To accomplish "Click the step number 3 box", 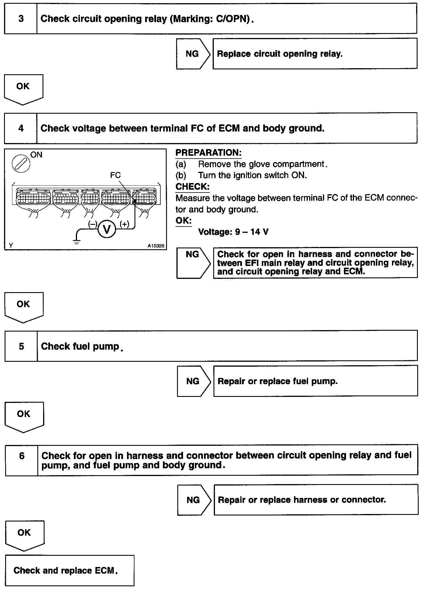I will click(x=21, y=19).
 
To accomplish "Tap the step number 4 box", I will click(x=21, y=128).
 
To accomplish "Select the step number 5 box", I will click(x=21, y=346).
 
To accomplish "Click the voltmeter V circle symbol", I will click(x=107, y=229).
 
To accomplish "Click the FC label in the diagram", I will click(x=115, y=175).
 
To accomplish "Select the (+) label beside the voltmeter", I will click(x=124, y=224).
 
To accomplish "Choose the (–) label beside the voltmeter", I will click(x=93, y=224).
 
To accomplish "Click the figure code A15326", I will click(x=156, y=246).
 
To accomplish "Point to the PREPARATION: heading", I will click(x=208, y=153).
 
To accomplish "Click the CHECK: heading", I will click(x=193, y=186).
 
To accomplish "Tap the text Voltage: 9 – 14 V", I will click(x=233, y=232).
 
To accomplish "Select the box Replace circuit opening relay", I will click(x=315, y=54).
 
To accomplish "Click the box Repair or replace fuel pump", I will click(x=315, y=381).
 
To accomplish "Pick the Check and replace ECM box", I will click(x=70, y=570).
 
